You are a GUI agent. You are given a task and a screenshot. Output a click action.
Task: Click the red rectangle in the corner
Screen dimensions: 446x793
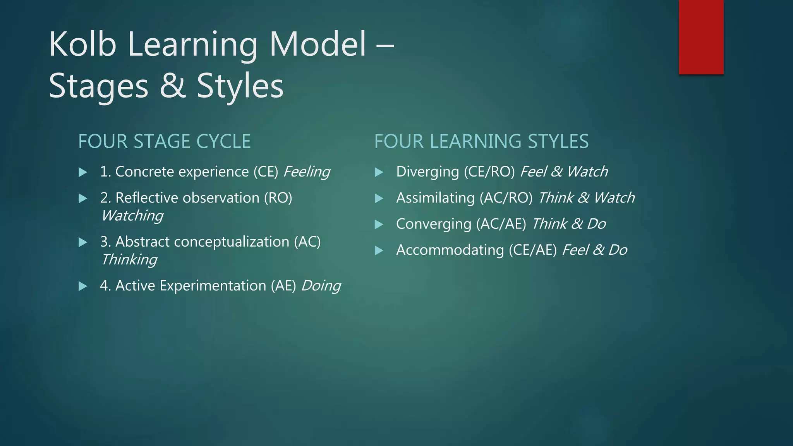(x=701, y=37)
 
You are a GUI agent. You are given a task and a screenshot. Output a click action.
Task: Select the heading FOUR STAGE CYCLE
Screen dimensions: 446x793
(x=164, y=141)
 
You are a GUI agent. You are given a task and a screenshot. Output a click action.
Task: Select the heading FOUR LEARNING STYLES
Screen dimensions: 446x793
(x=481, y=141)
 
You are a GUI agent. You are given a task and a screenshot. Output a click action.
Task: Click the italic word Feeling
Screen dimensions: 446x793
(x=307, y=172)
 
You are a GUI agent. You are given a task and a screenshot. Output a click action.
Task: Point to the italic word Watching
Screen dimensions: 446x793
(x=132, y=216)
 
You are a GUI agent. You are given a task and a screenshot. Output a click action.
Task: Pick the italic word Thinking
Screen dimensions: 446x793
(x=129, y=259)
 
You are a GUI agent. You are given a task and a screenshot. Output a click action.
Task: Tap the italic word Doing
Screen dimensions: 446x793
(x=321, y=286)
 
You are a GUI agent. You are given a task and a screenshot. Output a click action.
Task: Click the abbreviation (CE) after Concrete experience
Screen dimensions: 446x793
(x=266, y=172)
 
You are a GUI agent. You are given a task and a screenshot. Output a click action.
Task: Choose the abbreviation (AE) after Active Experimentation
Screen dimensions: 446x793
(x=283, y=286)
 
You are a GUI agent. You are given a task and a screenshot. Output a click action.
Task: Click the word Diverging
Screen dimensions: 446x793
(x=427, y=172)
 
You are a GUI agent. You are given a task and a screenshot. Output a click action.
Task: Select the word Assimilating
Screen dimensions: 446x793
(x=435, y=198)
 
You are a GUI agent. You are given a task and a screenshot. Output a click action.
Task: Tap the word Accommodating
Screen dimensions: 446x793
(x=450, y=250)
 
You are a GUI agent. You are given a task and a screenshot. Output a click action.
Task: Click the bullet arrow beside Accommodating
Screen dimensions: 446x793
(x=379, y=250)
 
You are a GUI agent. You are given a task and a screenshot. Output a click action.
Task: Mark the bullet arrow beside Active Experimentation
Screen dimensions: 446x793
(x=83, y=286)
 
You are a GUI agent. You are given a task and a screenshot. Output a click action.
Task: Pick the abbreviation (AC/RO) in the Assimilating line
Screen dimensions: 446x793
(x=506, y=198)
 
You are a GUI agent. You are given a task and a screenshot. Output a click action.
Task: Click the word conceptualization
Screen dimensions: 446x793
(x=232, y=242)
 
